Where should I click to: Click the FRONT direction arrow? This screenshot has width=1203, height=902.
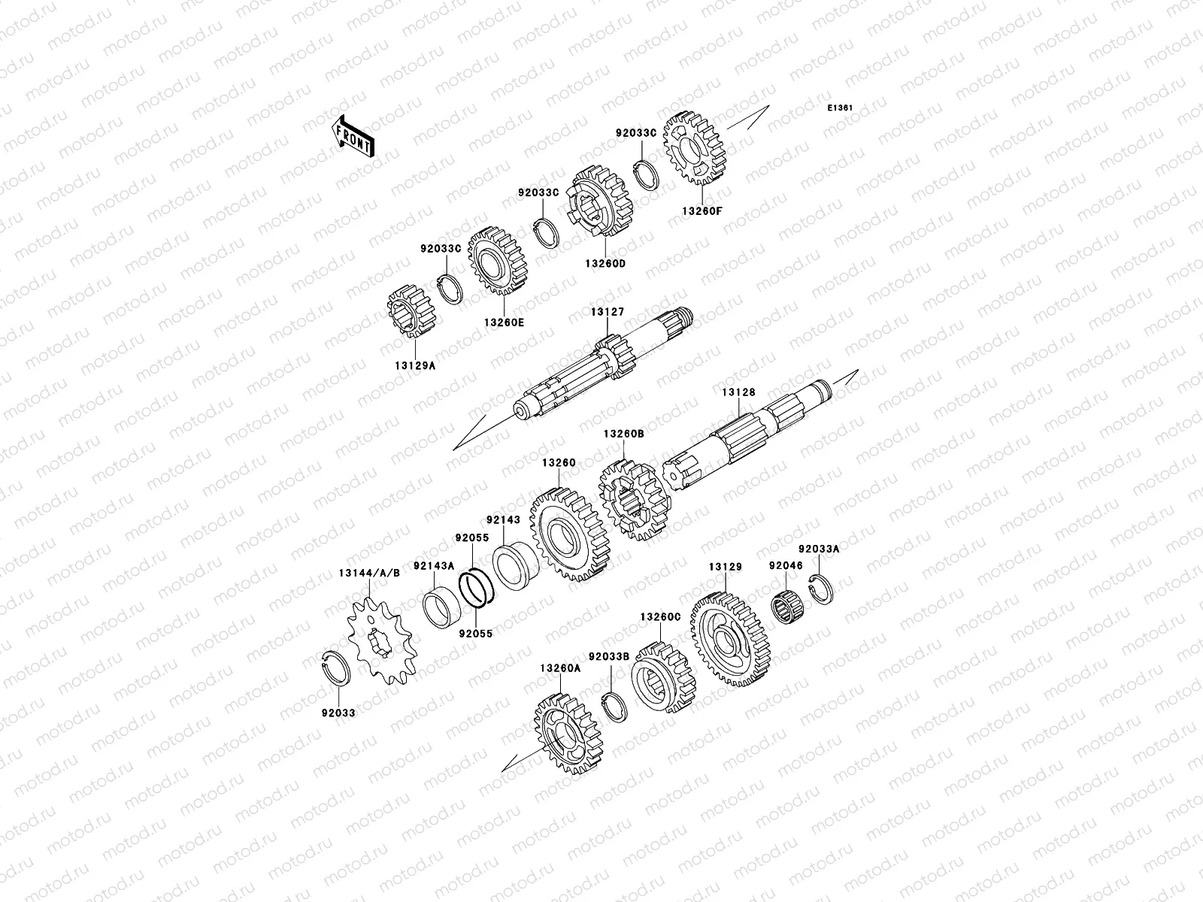tap(353, 136)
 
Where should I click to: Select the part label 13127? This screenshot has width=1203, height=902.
tap(608, 312)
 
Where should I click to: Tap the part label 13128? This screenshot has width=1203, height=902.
tap(738, 392)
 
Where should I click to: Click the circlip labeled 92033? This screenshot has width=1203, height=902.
tap(335, 668)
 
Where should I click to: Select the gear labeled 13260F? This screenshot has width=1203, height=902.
tap(695, 148)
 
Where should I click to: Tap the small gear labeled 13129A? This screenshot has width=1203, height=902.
tap(412, 311)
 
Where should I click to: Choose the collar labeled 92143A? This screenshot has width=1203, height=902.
tap(442, 607)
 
